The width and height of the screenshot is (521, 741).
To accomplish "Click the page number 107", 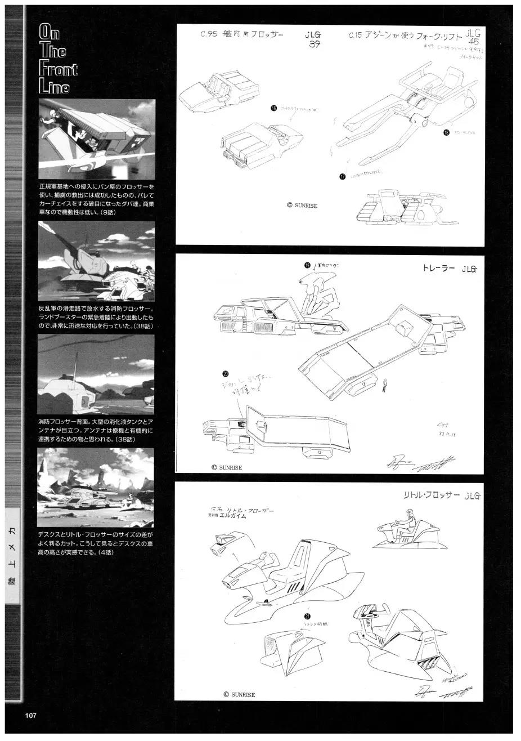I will [x=30, y=716].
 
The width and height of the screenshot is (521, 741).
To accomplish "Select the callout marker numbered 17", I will [x=342, y=176].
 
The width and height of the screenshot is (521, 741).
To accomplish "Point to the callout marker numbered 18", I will [x=446, y=133].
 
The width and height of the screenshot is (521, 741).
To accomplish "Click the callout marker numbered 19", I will [x=307, y=265].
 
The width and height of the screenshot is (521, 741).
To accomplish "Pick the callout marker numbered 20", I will [x=226, y=373].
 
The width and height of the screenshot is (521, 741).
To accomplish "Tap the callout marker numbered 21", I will [x=307, y=616].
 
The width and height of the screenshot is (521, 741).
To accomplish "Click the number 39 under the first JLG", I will [x=315, y=46].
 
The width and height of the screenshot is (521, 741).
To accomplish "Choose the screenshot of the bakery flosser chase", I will [x=96, y=140].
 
